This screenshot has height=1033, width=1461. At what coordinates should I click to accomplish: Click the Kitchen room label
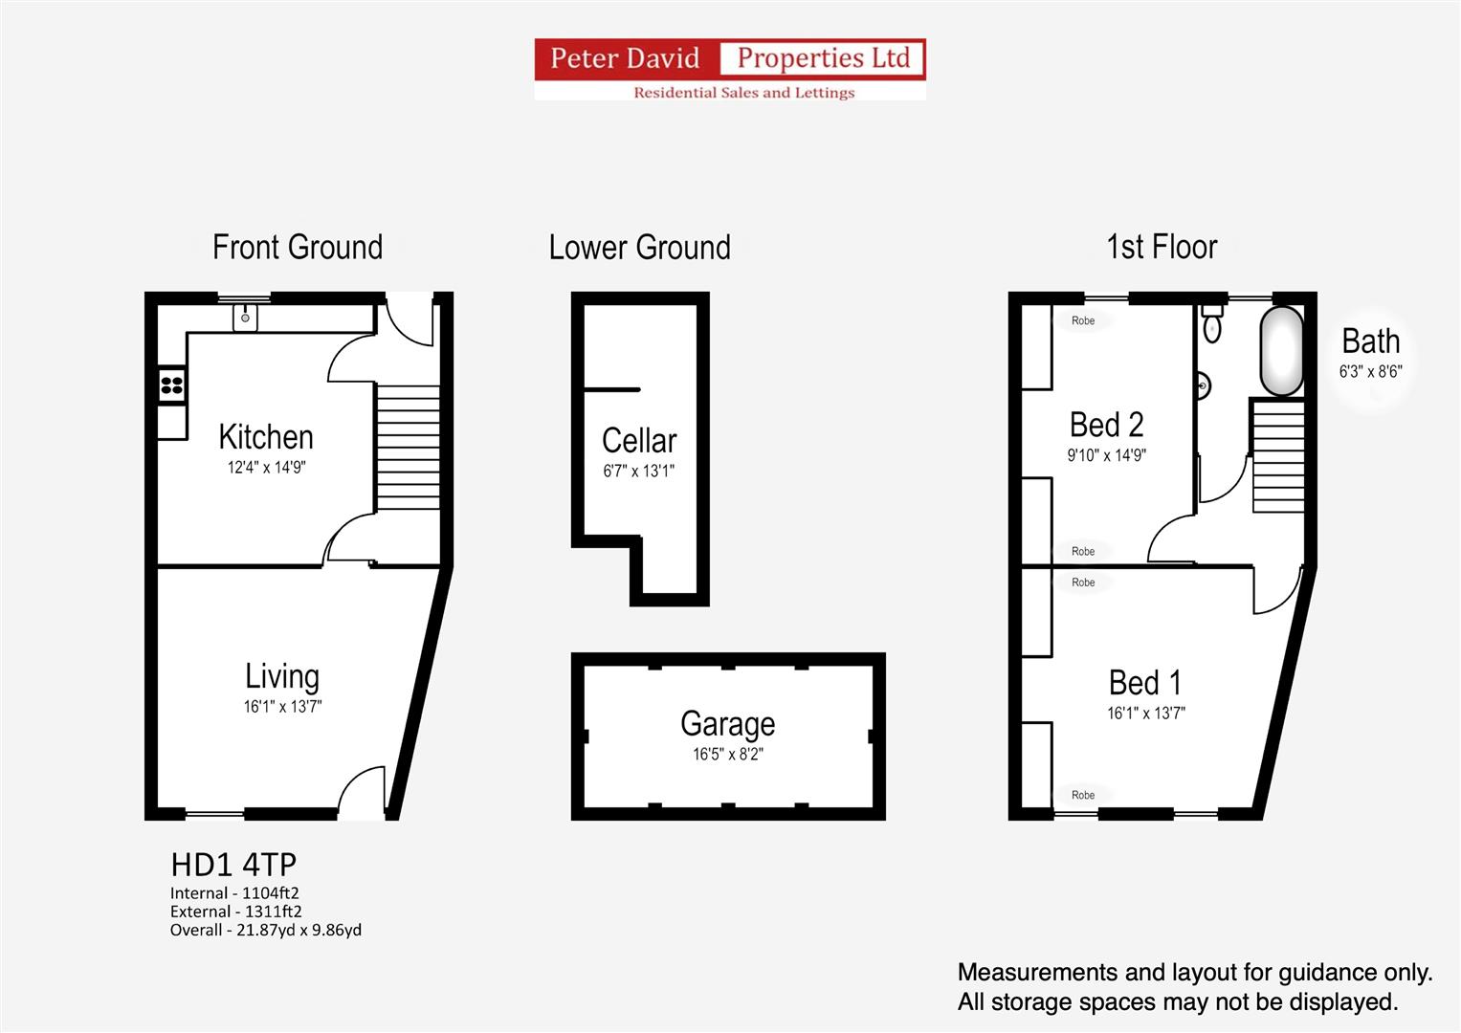click(266, 437)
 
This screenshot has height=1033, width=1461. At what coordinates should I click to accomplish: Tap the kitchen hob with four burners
click(172, 385)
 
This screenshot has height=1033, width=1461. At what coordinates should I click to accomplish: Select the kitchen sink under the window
click(245, 318)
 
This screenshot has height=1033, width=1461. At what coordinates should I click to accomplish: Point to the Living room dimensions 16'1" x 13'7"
click(282, 706)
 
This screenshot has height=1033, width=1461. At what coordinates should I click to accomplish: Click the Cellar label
click(639, 440)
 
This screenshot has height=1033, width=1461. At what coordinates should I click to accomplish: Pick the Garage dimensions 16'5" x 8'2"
click(728, 754)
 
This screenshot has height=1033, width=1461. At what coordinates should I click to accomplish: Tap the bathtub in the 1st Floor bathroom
click(1282, 351)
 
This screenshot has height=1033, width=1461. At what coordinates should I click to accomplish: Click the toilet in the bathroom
click(1212, 323)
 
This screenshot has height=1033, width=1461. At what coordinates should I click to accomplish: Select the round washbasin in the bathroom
click(1204, 386)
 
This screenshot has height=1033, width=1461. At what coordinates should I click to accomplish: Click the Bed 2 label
click(1107, 425)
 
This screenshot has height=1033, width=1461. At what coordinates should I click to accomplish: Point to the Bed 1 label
click(1145, 683)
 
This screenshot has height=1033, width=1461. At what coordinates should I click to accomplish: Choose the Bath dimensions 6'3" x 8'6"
click(1371, 372)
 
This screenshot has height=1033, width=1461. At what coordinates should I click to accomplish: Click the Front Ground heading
click(298, 247)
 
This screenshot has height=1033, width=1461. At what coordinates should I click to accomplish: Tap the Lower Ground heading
click(640, 247)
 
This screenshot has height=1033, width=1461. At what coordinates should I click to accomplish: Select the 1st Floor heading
click(1162, 247)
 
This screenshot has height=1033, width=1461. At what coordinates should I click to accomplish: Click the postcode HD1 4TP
click(233, 865)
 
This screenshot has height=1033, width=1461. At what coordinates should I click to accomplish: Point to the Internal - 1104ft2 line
click(234, 892)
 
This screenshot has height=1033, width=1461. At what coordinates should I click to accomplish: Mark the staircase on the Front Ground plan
click(409, 447)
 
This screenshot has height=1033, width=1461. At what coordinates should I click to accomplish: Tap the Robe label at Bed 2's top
click(1083, 320)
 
